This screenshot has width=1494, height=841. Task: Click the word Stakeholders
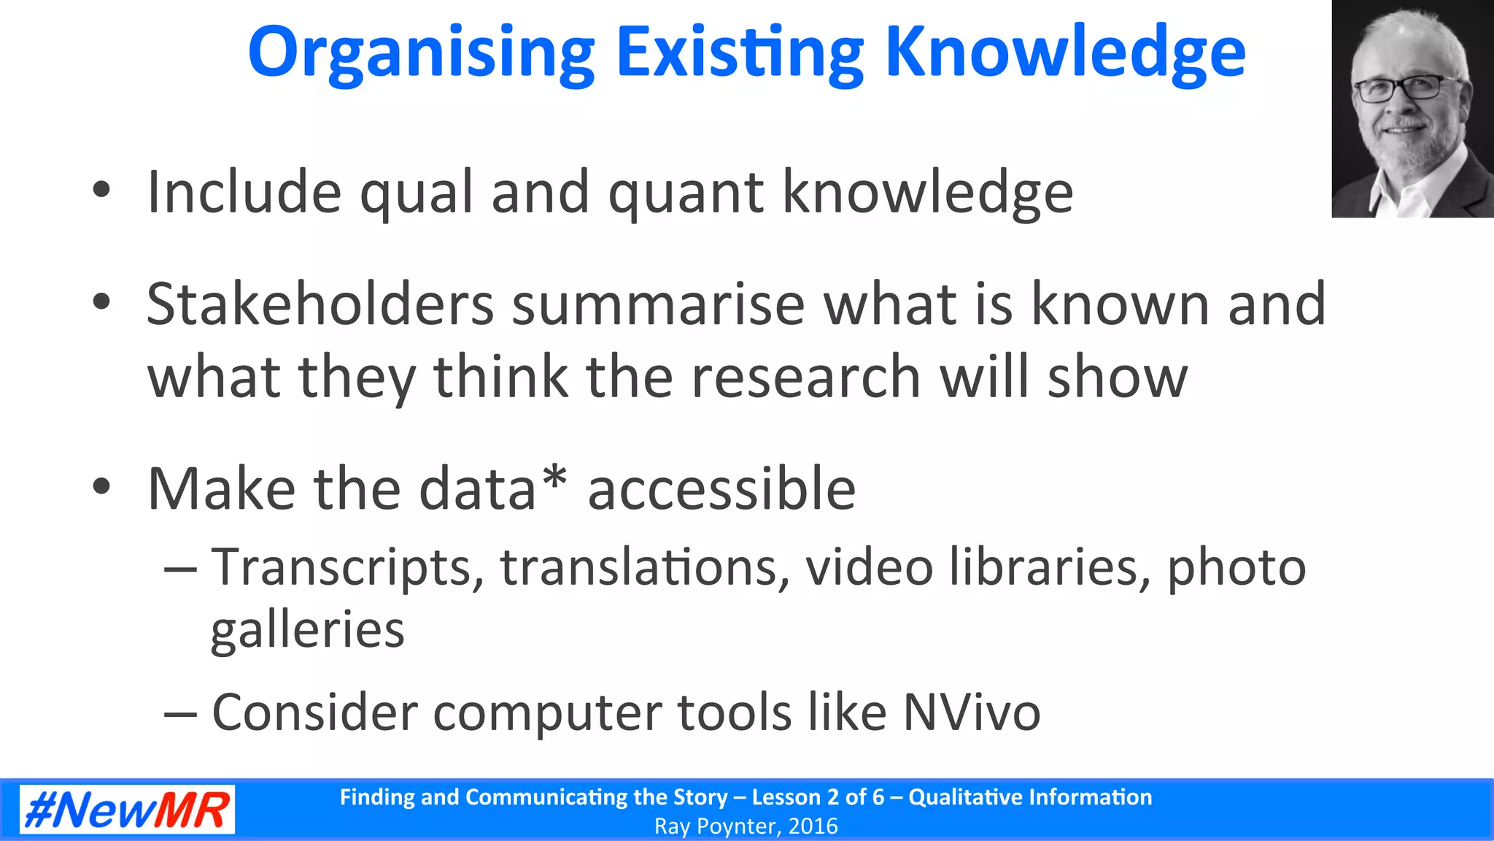(320, 304)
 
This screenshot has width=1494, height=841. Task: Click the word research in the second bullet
(806, 377)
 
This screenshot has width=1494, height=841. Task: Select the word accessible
(721, 489)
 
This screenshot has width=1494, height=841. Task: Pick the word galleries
(307, 630)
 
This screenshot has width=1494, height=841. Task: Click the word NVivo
(972, 712)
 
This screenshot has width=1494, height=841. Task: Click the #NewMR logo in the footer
(127, 810)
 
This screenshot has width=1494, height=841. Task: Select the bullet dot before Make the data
(101, 486)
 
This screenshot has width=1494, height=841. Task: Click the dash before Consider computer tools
(180, 713)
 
